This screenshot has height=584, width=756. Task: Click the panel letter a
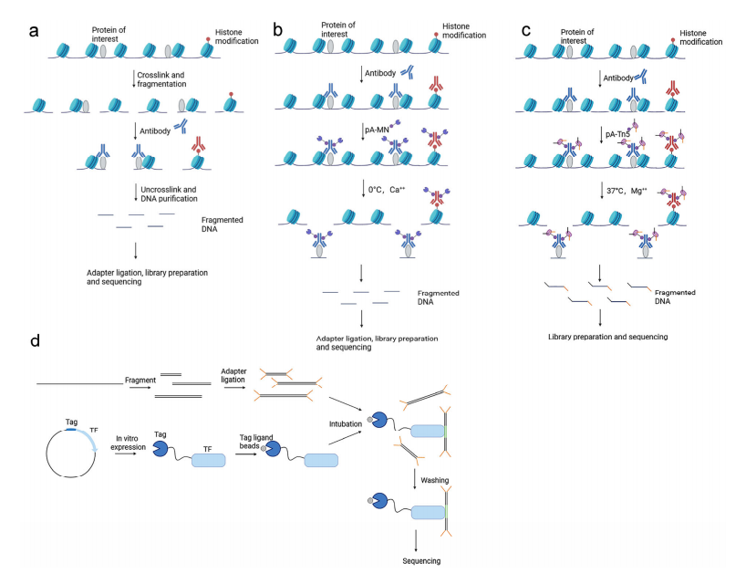tap(34, 30)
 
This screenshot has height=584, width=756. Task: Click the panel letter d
tap(35, 341)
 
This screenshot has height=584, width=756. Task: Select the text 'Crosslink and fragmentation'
tap(165, 79)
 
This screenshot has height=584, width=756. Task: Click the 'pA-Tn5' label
tap(619, 134)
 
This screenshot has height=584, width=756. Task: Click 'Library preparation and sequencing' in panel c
tap(607, 337)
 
